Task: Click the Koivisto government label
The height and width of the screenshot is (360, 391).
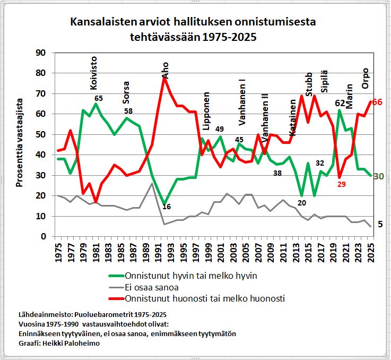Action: (94, 73)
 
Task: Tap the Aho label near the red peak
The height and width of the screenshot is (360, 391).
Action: (165, 70)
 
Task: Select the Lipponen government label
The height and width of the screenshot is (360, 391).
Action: (207, 108)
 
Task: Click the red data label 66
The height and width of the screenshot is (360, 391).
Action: (377, 102)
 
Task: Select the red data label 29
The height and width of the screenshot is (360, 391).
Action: (341, 184)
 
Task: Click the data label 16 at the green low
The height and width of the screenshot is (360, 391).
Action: (166, 207)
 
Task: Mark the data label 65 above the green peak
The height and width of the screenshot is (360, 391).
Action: (98, 98)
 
